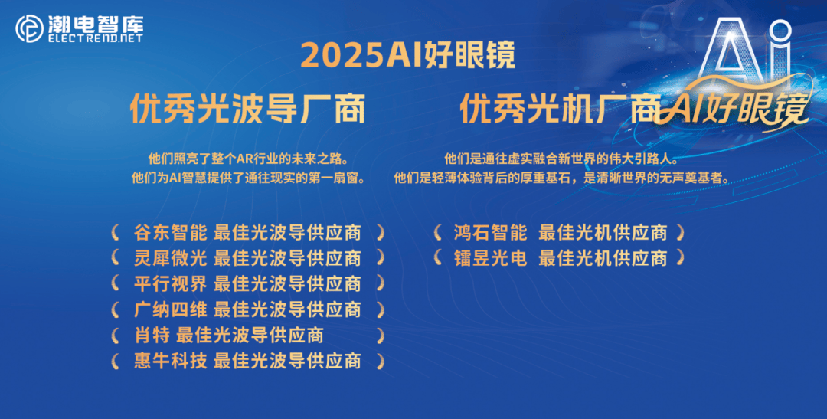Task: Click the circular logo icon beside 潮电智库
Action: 28,29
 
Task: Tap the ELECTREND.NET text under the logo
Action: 95,38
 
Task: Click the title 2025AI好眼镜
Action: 407,55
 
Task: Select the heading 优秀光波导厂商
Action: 247,109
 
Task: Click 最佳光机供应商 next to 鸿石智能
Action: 603,232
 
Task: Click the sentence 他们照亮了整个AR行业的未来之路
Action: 248,159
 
